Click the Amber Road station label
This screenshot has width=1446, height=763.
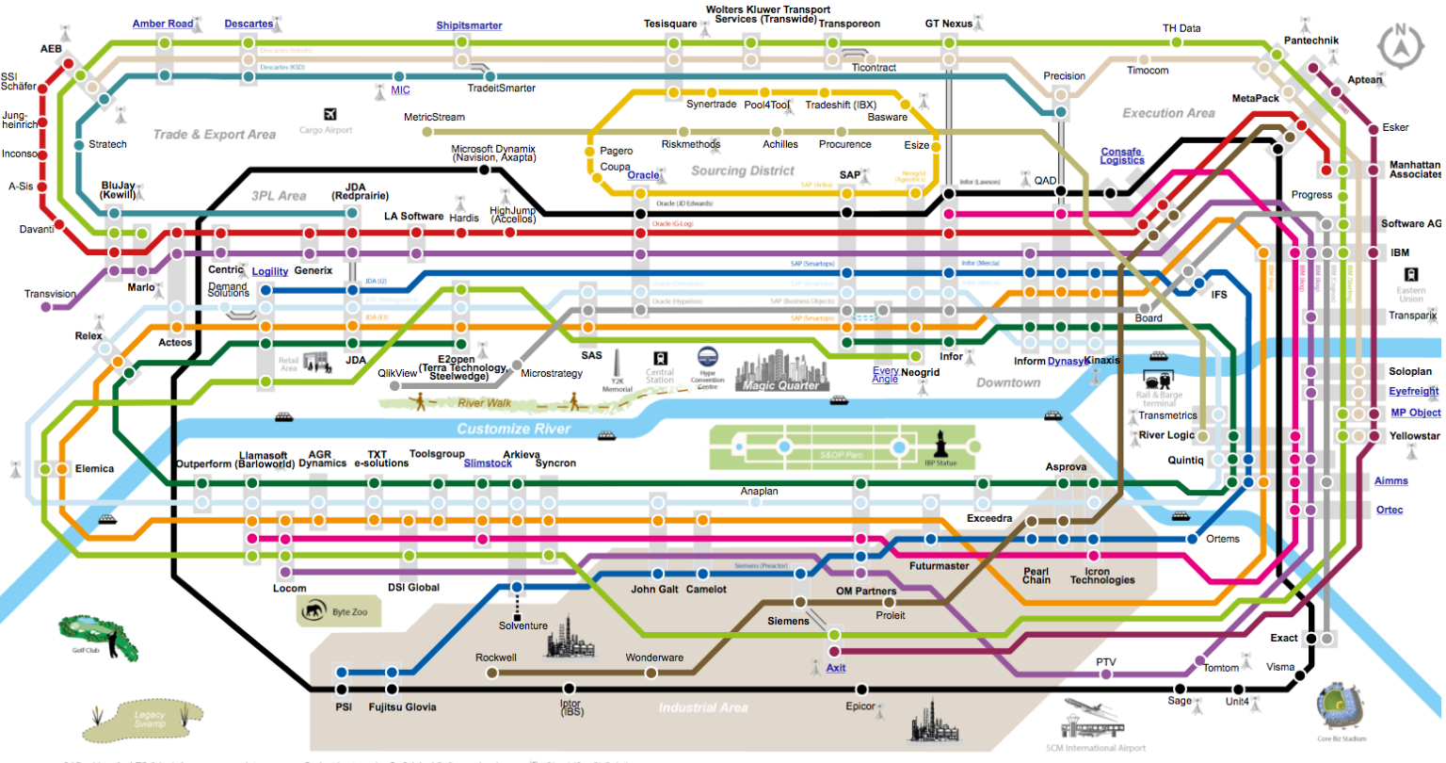[x=162, y=24]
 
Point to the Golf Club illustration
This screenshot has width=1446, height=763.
[x=98, y=636]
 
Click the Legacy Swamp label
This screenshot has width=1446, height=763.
[x=149, y=720]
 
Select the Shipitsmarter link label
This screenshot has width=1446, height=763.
[x=469, y=25]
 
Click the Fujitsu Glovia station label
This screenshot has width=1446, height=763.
[x=402, y=706]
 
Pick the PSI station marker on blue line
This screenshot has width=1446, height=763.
[x=342, y=673]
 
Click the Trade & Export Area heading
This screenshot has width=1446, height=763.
[x=215, y=135]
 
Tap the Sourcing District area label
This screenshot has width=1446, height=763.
[x=743, y=170]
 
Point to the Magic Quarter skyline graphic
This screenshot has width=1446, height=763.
[x=779, y=370]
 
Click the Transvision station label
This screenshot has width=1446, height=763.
[x=50, y=294]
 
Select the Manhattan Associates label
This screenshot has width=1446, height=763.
[x=1414, y=170]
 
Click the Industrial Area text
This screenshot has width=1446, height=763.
[x=702, y=707]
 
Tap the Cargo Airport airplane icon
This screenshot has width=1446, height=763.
[x=330, y=115]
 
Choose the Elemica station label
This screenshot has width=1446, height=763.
[x=94, y=468]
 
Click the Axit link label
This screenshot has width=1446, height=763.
[x=836, y=668]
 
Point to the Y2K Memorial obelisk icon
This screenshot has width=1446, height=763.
[x=618, y=365]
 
